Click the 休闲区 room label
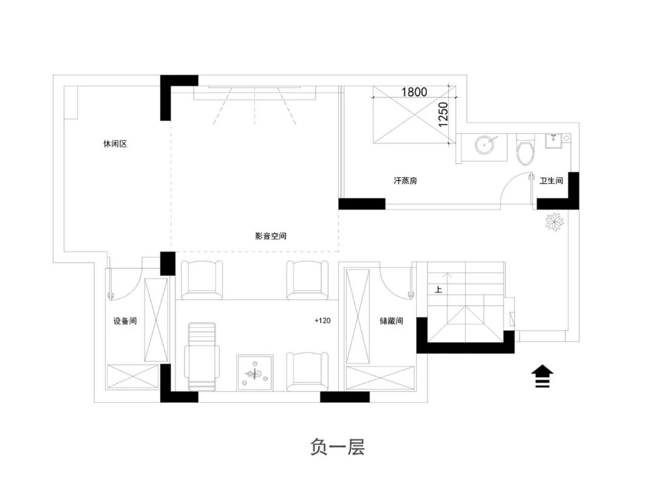point(115,144)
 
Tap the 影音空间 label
point(271,236)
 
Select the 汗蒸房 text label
point(405,180)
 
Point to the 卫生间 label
point(551,180)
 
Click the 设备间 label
point(125,321)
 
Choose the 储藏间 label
point(391,321)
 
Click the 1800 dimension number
point(414,92)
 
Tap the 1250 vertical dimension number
point(443,115)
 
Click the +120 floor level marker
point(323,320)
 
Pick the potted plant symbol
point(555,221)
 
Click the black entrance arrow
point(542,376)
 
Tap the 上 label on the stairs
point(438,289)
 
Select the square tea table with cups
point(255,372)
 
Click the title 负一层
point(337,447)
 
